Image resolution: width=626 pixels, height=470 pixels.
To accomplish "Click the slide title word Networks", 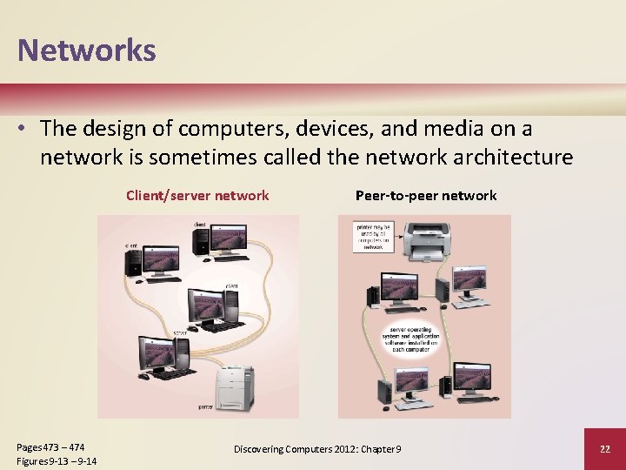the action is click(x=86, y=50).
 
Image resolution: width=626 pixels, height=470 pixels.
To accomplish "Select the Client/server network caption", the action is click(x=197, y=195).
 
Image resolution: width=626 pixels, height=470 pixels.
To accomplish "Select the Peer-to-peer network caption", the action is click(x=426, y=195).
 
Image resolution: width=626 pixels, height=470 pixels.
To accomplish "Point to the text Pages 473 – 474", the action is click(x=51, y=446).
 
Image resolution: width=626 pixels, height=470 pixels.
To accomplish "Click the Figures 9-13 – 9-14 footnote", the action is click(x=57, y=460).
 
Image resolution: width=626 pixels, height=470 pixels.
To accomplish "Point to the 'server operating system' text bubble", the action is click(x=415, y=336).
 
